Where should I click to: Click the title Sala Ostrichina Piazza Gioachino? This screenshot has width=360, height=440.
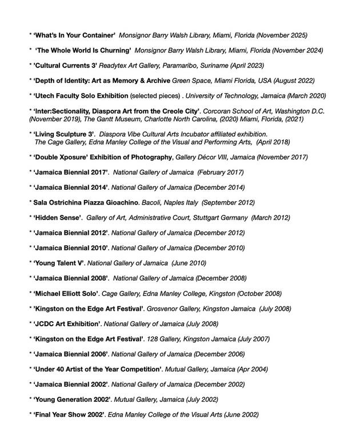coord(91,202)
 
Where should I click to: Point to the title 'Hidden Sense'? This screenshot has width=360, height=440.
coord(58,218)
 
